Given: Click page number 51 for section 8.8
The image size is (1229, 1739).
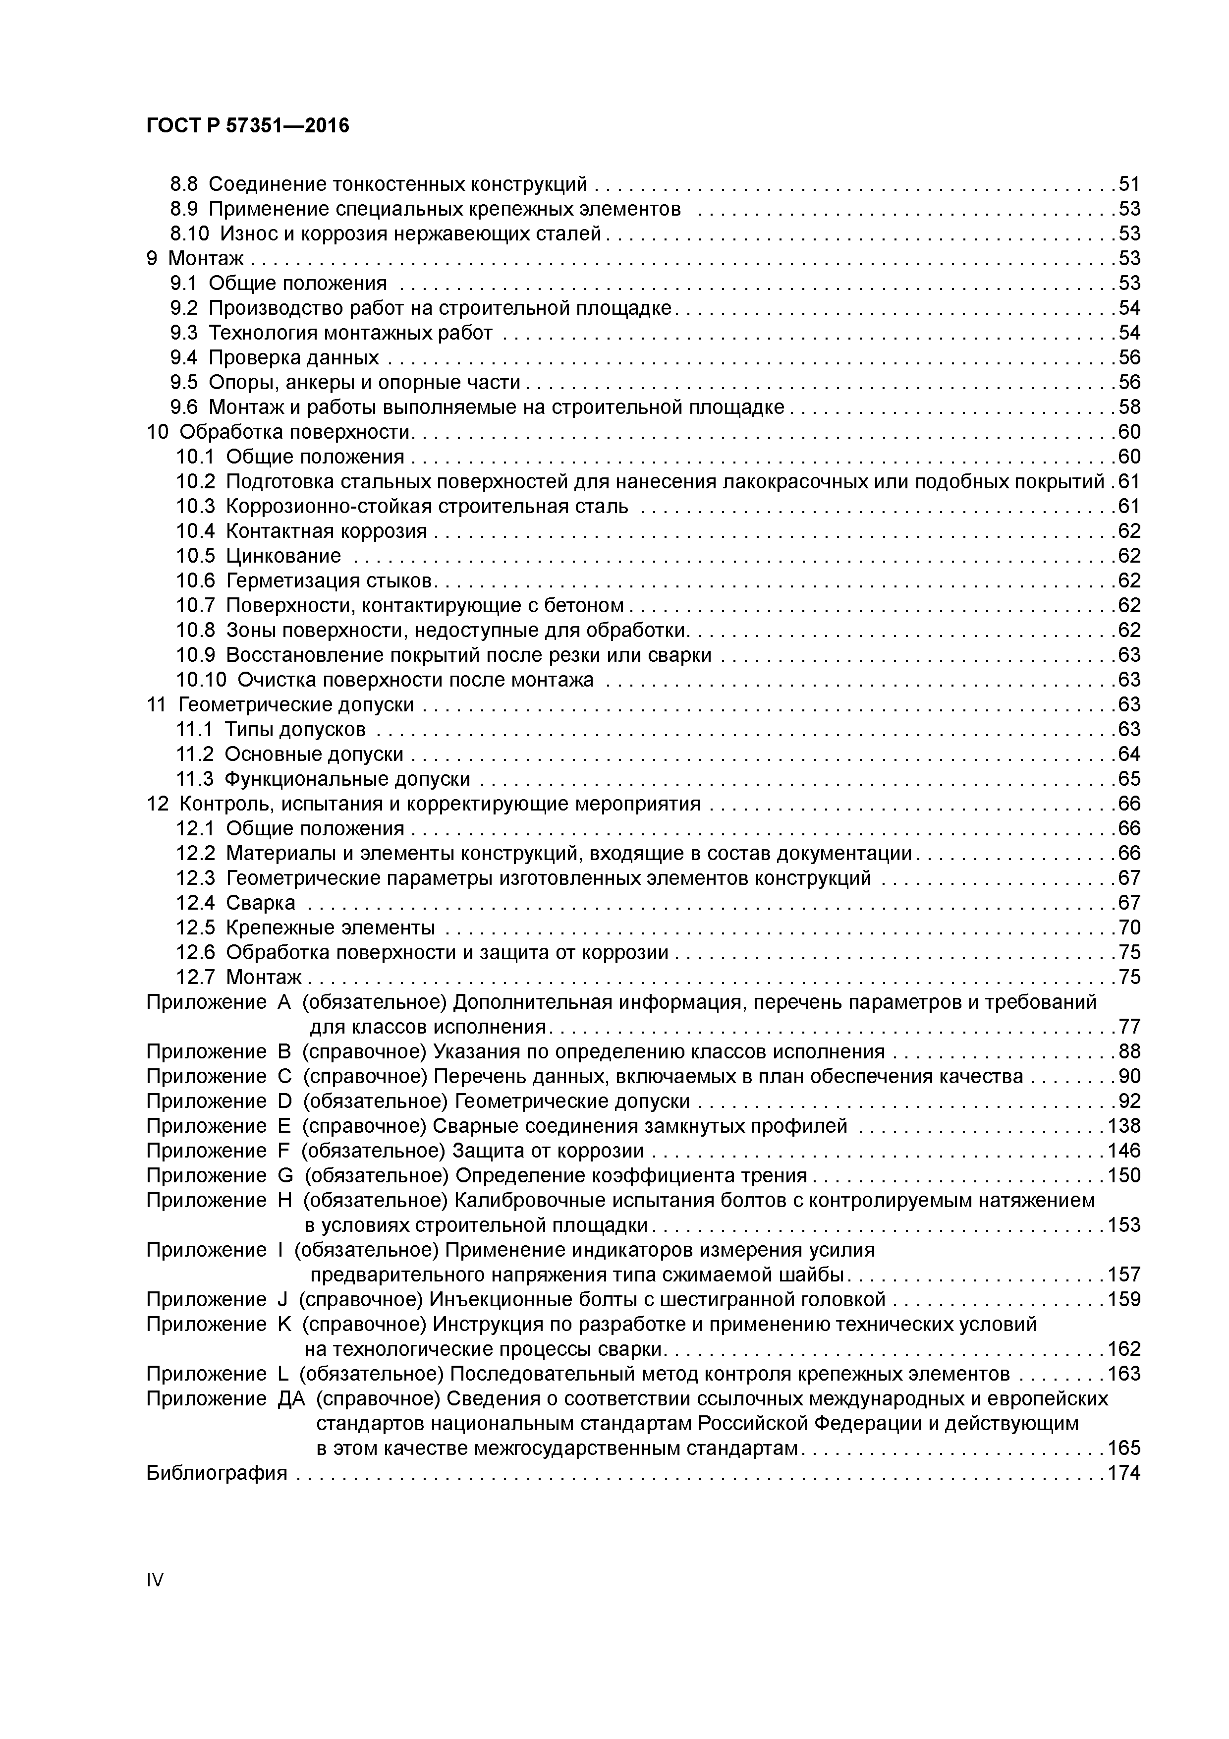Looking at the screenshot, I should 1129,184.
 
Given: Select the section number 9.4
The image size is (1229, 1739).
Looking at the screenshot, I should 183,357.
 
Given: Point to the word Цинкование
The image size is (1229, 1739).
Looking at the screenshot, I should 283,556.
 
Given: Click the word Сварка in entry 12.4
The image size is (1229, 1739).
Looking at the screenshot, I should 261,903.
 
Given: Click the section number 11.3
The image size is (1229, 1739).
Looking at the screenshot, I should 195,779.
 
